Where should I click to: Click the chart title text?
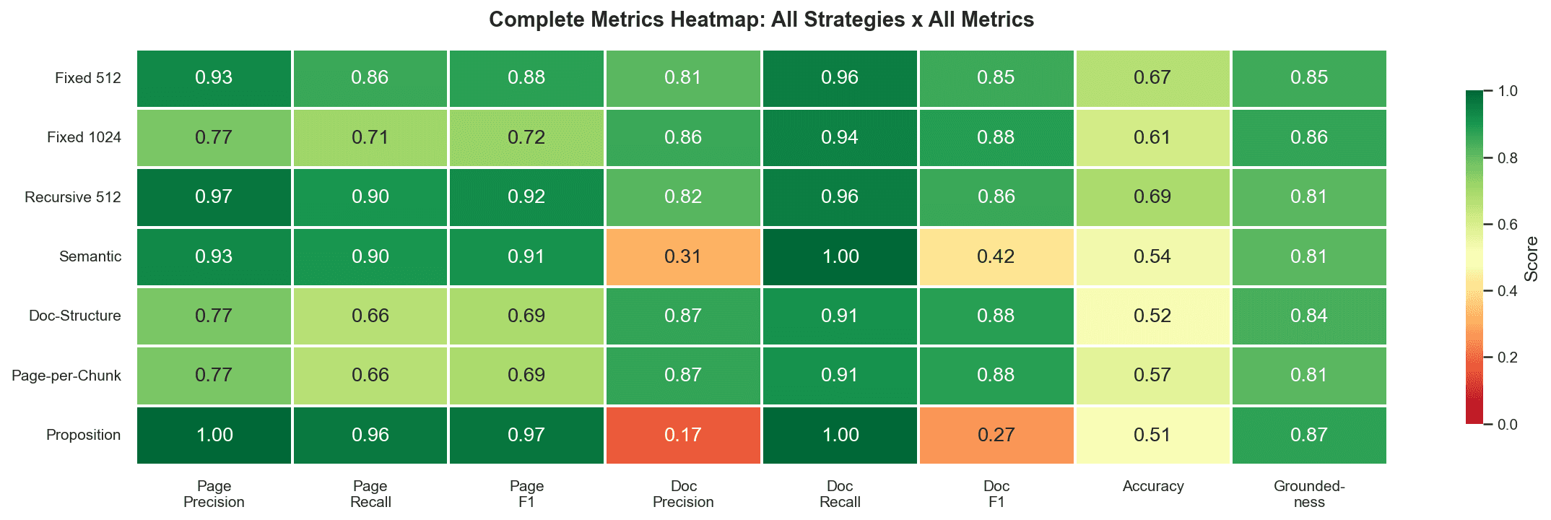(761, 19)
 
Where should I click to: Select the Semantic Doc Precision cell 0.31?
(683, 256)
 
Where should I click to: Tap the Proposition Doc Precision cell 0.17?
(683, 435)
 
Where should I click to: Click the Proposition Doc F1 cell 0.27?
(996, 435)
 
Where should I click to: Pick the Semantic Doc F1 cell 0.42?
(996, 256)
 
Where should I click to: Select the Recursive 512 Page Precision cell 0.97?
(214, 196)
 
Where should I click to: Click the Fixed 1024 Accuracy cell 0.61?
(1152, 137)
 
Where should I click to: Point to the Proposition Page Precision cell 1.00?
(214, 435)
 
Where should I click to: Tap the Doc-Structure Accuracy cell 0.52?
(1152, 316)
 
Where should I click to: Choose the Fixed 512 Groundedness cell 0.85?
(1308, 77)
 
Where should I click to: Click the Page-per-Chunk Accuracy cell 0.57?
(1152, 375)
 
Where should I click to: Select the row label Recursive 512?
(73, 197)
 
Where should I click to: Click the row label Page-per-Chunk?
(66, 376)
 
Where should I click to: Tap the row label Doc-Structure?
(75, 316)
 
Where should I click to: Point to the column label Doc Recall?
(840, 494)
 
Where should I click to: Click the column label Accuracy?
(1152, 486)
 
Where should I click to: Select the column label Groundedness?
(1308, 494)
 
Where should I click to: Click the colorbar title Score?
(1531, 258)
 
